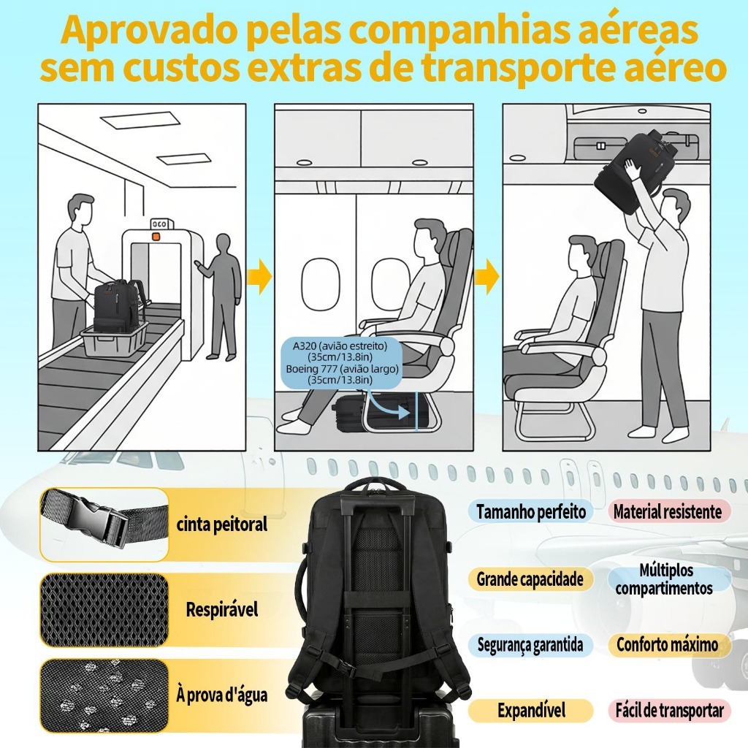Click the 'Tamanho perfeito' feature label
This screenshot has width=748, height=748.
pos(531,512)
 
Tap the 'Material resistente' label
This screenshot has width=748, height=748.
pos(668,512)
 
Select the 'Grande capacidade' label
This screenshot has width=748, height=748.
pos(530,579)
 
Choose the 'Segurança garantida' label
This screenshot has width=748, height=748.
pos(530,645)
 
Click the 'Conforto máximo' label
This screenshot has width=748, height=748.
pos(668,645)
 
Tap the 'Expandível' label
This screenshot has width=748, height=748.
pos(531,711)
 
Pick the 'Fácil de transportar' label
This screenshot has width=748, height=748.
pos(669,711)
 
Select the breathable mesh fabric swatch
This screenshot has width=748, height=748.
pos(104,610)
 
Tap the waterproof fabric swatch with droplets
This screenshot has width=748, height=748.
pos(104,695)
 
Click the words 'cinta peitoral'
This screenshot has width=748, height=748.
pos(222,524)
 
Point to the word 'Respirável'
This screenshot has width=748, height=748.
pos(222,610)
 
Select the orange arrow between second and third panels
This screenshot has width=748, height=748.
pos(488,277)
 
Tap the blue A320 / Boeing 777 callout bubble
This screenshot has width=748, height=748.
pos(342,362)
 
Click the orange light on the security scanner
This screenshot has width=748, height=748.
pos(155,236)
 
